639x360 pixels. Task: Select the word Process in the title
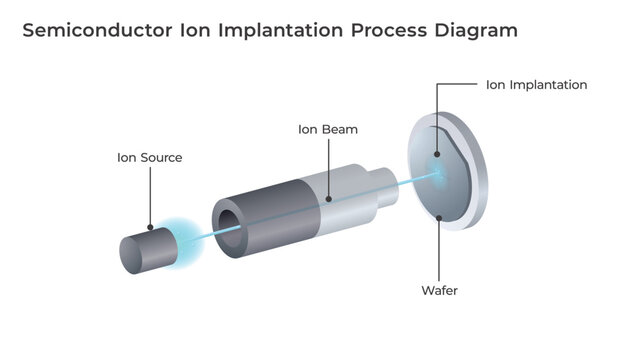tap(384, 30)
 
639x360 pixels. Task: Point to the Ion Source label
tap(149, 157)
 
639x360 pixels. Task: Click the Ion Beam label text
tap(328, 129)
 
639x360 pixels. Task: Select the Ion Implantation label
tap(536, 85)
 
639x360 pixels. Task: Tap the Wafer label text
tap(440, 291)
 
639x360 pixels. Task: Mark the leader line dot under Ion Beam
tap(328, 198)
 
